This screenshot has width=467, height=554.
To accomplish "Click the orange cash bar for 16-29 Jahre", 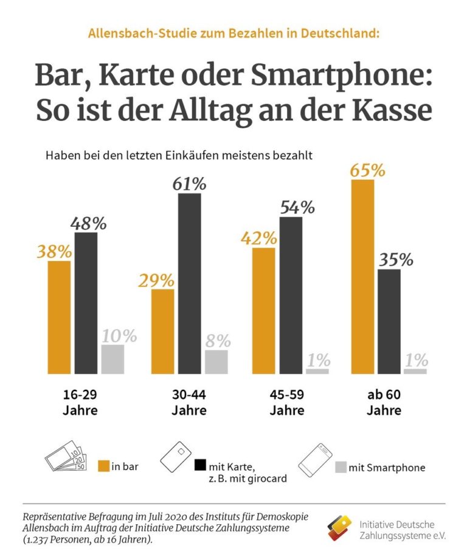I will [59, 317].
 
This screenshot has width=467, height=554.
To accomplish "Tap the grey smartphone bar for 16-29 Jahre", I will [112, 359].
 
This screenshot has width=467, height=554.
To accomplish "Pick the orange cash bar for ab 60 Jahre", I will [362, 276].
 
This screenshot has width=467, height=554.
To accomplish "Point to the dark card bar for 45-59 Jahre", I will [290, 295].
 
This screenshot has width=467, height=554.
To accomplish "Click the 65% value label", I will [367, 170].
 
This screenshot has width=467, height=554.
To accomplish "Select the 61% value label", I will [189, 184].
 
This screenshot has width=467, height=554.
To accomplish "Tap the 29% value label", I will [156, 280].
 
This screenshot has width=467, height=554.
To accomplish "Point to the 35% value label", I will [396, 260].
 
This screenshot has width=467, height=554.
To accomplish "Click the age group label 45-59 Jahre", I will [286, 403].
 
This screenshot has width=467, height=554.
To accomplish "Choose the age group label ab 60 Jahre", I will [384, 403].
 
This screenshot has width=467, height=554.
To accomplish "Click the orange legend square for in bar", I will [104, 466].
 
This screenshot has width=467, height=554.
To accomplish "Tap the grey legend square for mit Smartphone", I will [341, 467].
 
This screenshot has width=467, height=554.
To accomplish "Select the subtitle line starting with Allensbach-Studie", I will [233, 33].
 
